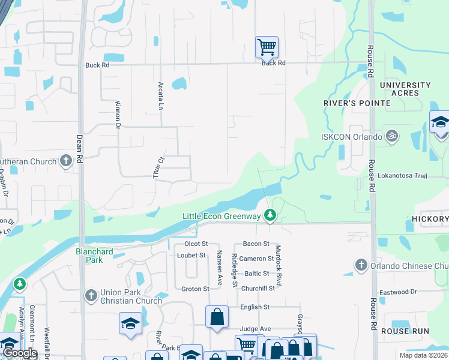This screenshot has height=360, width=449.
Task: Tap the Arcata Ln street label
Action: pyautogui.click(x=160, y=95)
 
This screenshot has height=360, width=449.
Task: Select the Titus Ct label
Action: pyautogui.click(x=161, y=162)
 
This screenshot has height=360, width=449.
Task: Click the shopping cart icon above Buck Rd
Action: pyautogui.click(x=267, y=47)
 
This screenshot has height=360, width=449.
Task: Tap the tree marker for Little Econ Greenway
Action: pyautogui.click(x=271, y=214)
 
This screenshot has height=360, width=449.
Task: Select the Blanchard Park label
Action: pyautogui.click(x=94, y=256)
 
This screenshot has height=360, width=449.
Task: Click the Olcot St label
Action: pyautogui.click(x=196, y=244)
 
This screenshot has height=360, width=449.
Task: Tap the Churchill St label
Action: pyautogui.click(x=258, y=288)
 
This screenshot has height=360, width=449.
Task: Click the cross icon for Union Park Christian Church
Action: pyautogui.click(x=91, y=295)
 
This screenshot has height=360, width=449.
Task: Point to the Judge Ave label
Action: pyautogui.click(x=256, y=329)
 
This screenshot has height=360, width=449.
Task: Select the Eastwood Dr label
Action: pyautogui.click(x=397, y=292)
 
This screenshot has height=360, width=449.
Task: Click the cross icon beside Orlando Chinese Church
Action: pyautogui.click(x=361, y=264)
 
